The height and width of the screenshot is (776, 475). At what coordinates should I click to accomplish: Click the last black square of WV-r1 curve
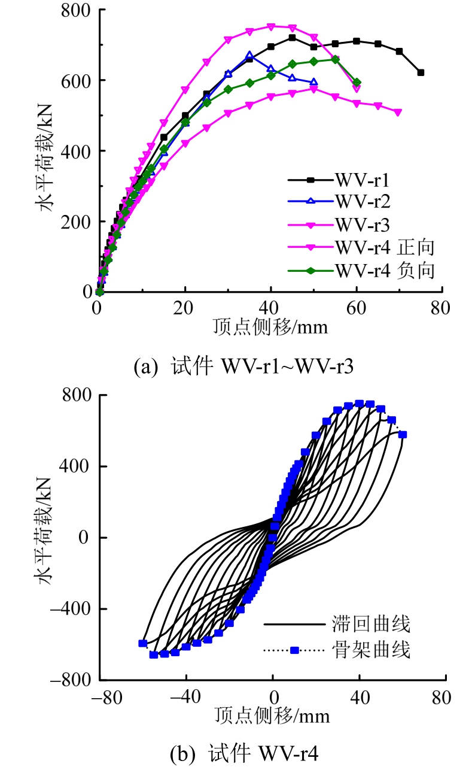(x=421, y=72)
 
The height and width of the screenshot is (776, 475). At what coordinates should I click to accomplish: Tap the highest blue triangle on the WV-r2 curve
(x=249, y=56)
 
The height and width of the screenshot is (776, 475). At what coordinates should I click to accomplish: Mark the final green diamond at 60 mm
(x=357, y=83)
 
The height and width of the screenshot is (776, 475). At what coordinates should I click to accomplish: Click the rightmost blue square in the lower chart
(x=403, y=435)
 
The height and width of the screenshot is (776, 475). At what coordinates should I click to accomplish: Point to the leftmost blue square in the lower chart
(x=143, y=643)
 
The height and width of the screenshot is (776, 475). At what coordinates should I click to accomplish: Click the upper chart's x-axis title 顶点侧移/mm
(x=270, y=327)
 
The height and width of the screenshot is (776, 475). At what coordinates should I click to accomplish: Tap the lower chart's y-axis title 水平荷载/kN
(x=50, y=537)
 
